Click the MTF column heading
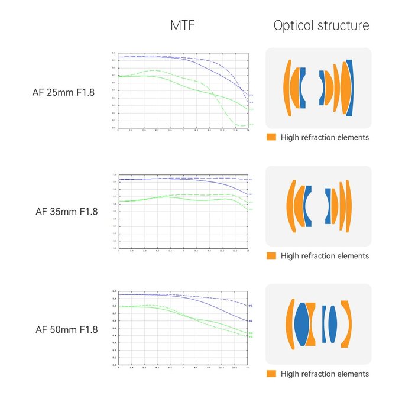click(x=182, y=25)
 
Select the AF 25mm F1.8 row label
click(x=66, y=92)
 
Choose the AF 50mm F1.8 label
click(x=66, y=329)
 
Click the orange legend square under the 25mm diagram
click(x=271, y=137)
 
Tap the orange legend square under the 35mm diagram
click(x=271, y=256)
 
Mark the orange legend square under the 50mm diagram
click(x=271, y=374)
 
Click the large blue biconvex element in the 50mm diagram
click(x=302, y=323)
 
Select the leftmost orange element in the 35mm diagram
click(x=290, y=205)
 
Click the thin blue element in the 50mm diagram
click(x=324, y=323)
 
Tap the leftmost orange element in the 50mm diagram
click(x=290, y=323)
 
